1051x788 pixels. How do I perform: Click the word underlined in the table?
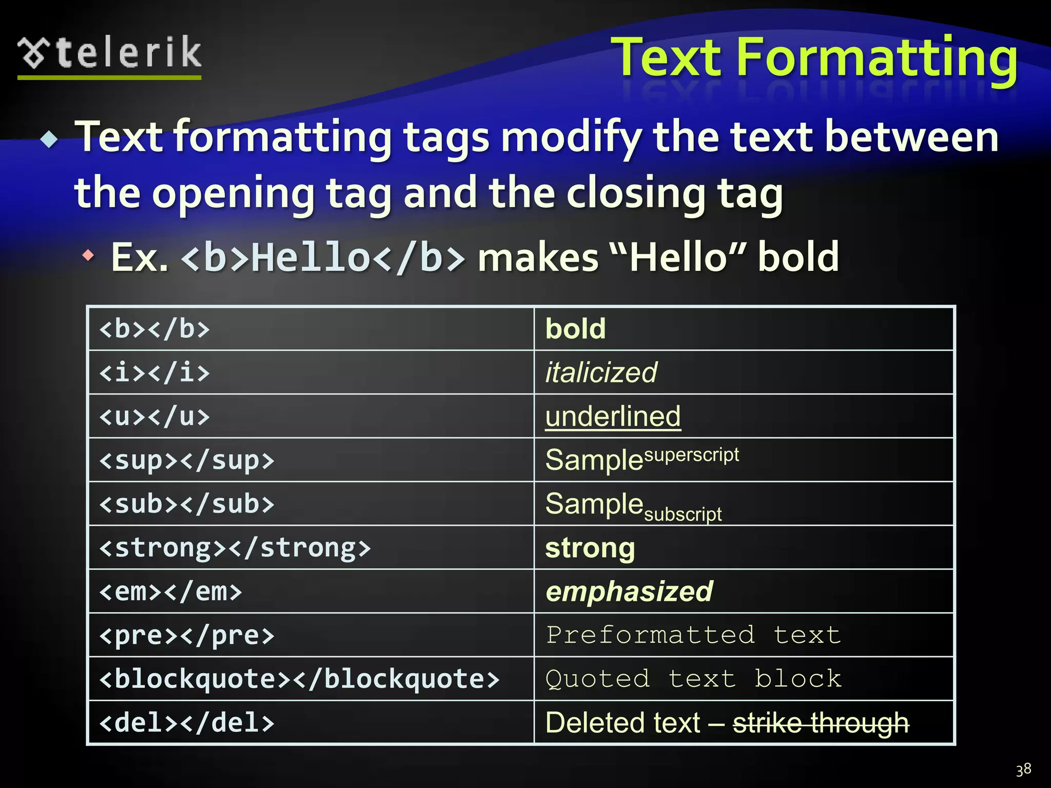click(613, 416)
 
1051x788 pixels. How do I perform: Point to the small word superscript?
click(691, 455)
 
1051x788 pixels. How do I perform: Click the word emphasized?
click(629, 592)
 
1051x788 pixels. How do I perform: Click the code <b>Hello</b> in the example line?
click(323, 257)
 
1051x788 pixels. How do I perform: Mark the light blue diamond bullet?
click(50, 140)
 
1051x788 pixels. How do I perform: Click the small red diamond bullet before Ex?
click(89, 255)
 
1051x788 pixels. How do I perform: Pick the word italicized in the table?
click(601, 372)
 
